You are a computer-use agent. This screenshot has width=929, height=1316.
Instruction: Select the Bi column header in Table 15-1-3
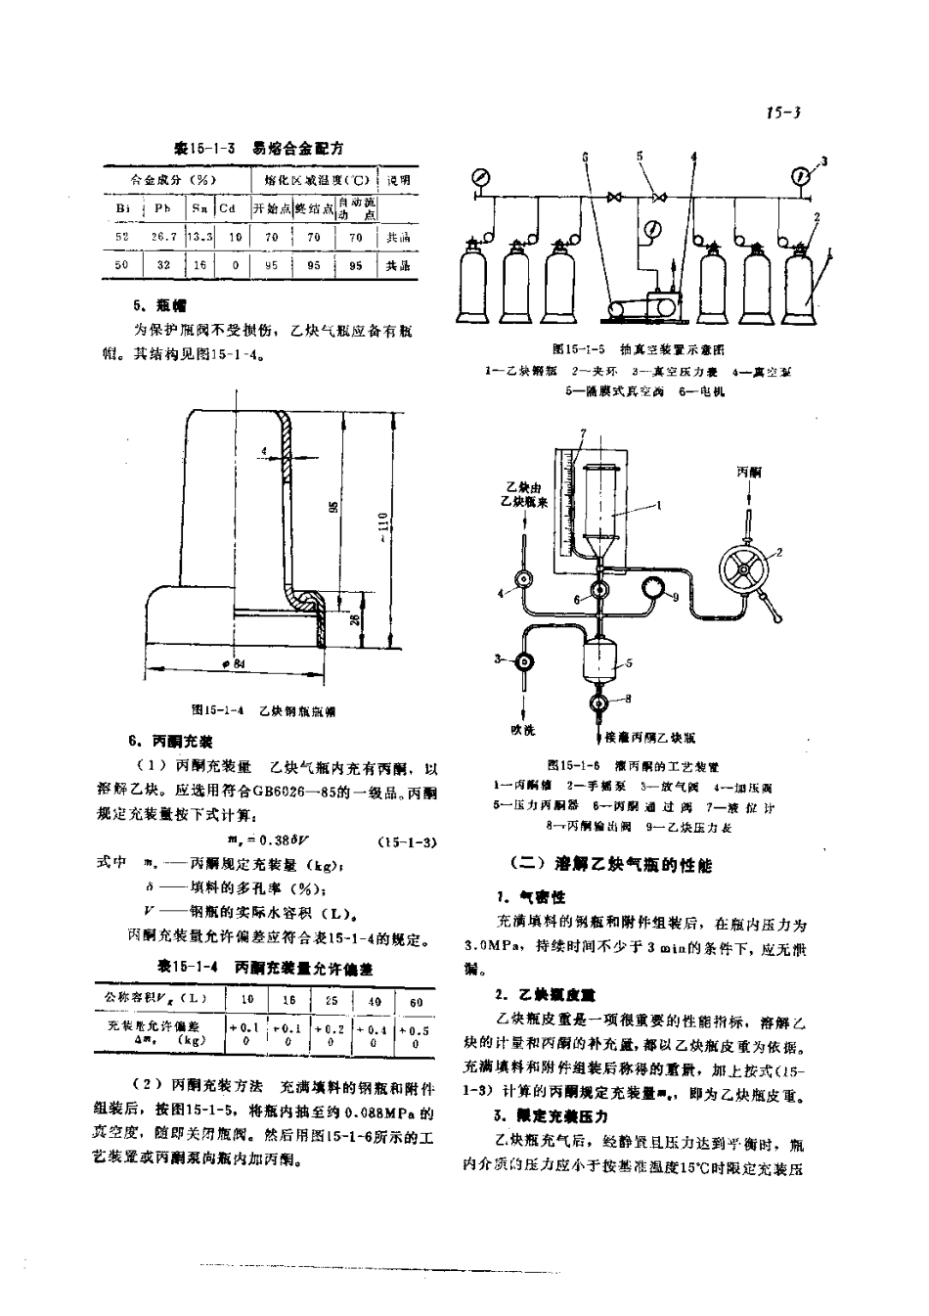[122, 208]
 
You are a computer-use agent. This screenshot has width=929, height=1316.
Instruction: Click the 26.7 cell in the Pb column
[163, 237]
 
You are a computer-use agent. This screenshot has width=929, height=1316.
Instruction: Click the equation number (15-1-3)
[406, 841]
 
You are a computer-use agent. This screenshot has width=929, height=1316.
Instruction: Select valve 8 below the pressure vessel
[599, 702]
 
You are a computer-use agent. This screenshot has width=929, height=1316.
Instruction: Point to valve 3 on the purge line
[525, 661]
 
